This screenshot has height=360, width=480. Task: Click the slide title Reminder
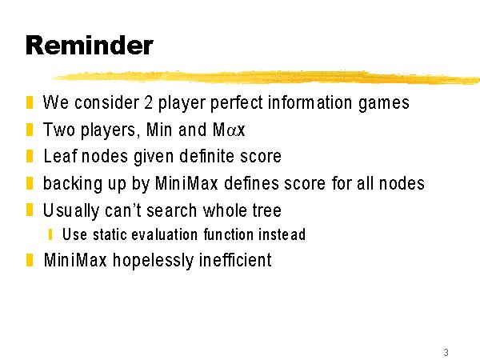pos(90,46)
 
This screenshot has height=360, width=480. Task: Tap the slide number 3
pos(446,352)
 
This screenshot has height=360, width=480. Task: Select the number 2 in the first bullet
pos(148,102)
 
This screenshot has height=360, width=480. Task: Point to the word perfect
pos(236,102)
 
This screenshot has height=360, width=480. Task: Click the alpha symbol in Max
pos(232,130)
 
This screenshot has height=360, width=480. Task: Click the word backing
pos(73,184)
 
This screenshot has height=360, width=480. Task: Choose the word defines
pos(251,183)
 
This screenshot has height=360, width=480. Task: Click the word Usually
pos(70,211)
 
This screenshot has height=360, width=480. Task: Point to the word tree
pos(266,210)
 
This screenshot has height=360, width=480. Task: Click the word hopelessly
pos(153,261)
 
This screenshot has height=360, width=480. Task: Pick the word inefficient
pos(235,260)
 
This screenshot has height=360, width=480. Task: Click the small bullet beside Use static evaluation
pos(50,234)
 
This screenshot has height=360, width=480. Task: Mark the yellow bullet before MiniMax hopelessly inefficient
pos(30,260)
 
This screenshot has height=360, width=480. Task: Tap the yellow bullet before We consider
pos(30,102)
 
